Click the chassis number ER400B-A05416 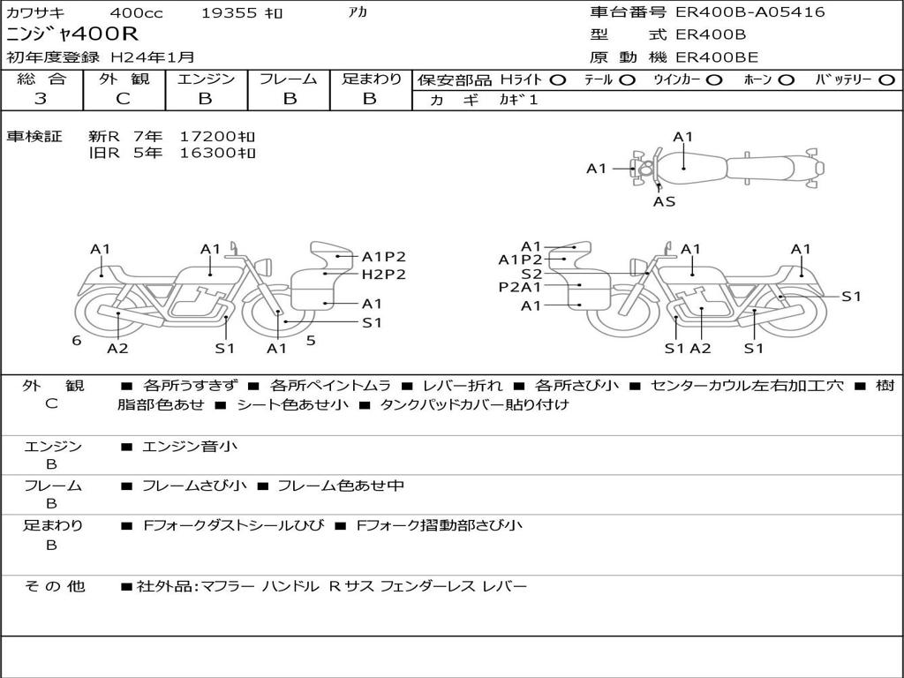pos(750,12)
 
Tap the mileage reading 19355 pos(229,13)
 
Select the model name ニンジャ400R pos(72,34)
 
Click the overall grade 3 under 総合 pos(41,99)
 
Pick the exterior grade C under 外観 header pos(123,99)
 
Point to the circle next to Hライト pos(558,80)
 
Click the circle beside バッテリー pos(886,80)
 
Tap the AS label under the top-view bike pos(664,202)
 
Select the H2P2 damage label pos(384,275)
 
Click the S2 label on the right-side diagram pos(531,275)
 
